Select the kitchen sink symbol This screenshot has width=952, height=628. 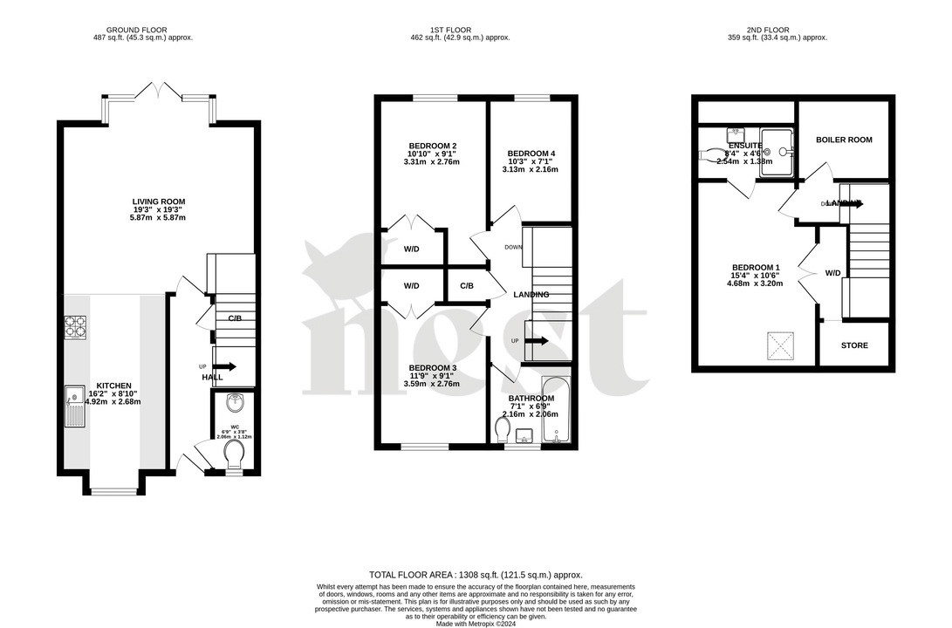tap(75, 407)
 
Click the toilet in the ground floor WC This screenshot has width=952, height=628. tap(235, 454)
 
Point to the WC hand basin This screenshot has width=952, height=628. tap(235, 403)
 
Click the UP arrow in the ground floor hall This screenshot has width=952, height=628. tap(223, 367)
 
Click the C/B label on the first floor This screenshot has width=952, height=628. tap(467, 286)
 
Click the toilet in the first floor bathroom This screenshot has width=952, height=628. tap(503, 431)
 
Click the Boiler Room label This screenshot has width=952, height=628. tap(843, 140)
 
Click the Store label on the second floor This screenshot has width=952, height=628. tap(854, 345)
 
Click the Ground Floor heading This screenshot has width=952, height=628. tap(143, 30)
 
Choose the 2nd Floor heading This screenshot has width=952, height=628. tap(777, 30)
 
